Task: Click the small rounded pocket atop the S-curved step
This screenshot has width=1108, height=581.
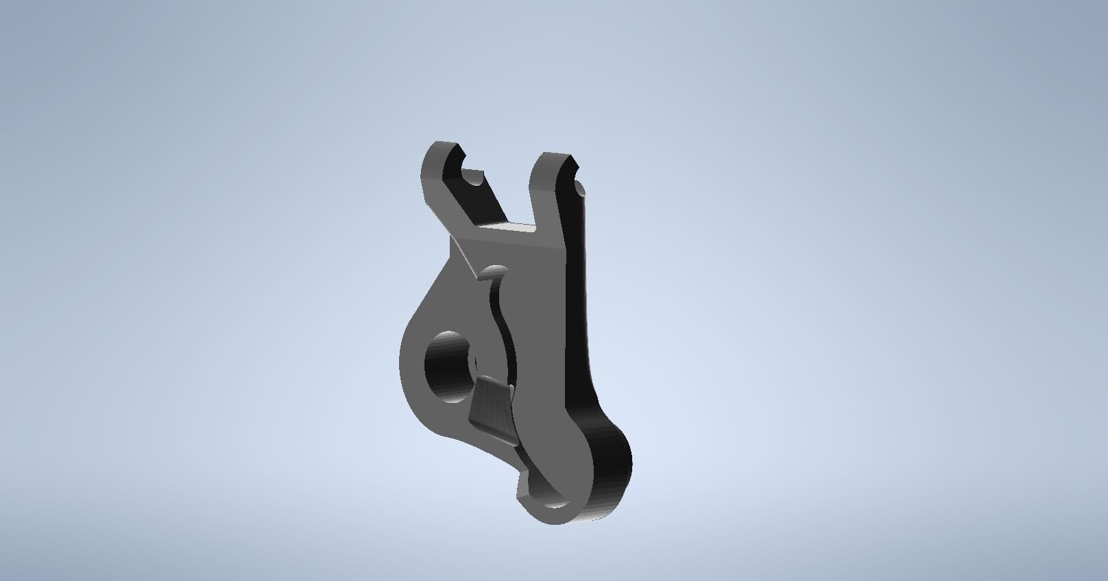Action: [495, 271]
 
